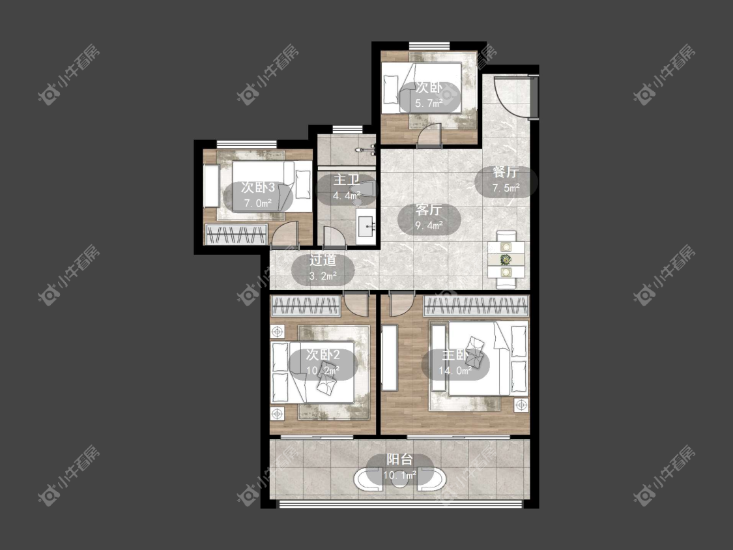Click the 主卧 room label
click(455, 355)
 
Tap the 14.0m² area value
click(455, 371)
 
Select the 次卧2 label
click(323, 355)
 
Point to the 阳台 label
click(399, 459)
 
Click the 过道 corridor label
click(323, 260)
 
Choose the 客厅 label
click(429, 210)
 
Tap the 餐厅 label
click(506, 172)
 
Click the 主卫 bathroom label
click(347, 180)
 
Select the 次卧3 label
click(258, 188)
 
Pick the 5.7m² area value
click(429, 104)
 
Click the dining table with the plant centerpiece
click(506, 259)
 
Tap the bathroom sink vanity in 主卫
click(366, 227)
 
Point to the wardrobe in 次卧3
click(237, 234)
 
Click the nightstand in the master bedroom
click(521, 405)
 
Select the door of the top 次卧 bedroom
click(429, 136)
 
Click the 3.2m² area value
click(323, 276)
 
